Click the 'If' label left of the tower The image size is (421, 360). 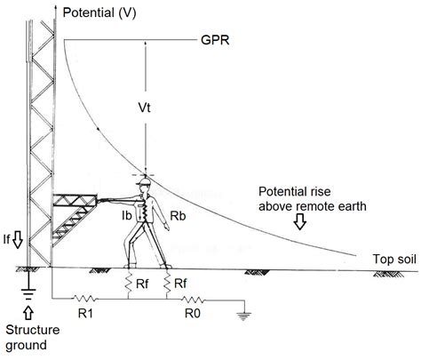tap(9, 239)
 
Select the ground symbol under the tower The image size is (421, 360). tap(28, 293)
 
